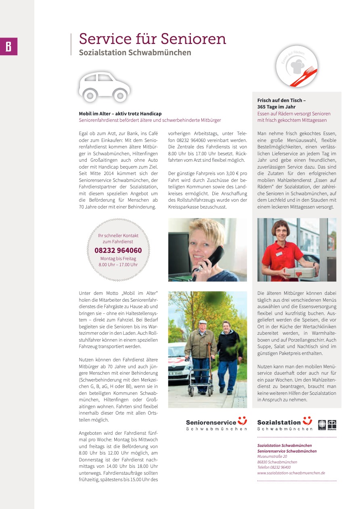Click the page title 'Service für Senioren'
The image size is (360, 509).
(153, 39)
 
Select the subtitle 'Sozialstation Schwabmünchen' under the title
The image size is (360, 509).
(135, 53)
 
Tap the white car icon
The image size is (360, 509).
(105, 87)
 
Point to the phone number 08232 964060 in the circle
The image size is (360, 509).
(118, 250)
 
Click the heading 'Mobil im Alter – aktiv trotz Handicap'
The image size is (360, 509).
(120, 114)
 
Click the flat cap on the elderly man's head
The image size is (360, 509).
(203, 322)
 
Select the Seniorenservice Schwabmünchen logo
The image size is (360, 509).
(216, 423)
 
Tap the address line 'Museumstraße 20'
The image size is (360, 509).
(272, 457)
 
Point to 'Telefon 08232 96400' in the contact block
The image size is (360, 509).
(274, 467)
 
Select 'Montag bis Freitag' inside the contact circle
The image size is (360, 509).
(118, 259)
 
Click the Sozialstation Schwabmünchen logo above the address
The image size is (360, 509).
(285, 423)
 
